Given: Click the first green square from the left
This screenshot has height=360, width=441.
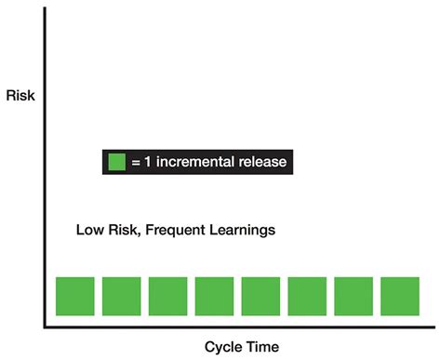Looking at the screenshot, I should [74, 296].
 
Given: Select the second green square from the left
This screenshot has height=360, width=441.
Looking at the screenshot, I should [121, 296].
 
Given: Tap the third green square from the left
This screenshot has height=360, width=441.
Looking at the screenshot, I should [167, 296].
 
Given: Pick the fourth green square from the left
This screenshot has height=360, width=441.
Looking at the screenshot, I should [214, 296].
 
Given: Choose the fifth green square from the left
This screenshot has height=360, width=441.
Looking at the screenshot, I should [261, 296].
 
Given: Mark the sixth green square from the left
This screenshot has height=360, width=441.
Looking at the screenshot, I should [307, 296].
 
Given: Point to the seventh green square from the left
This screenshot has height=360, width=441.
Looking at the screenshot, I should [354, 296].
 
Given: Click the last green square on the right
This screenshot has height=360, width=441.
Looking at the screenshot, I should [400, 296].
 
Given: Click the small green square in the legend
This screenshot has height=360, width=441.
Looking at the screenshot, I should [116, 162].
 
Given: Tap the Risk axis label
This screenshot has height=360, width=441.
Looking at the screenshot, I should [20, 94].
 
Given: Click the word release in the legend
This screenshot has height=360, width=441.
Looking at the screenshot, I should [264, 162].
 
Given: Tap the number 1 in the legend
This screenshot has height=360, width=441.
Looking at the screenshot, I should [148, 162].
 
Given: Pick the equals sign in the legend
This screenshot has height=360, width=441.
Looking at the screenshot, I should [136, 163].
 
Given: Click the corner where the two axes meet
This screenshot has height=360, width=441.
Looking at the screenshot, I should [44, 327].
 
